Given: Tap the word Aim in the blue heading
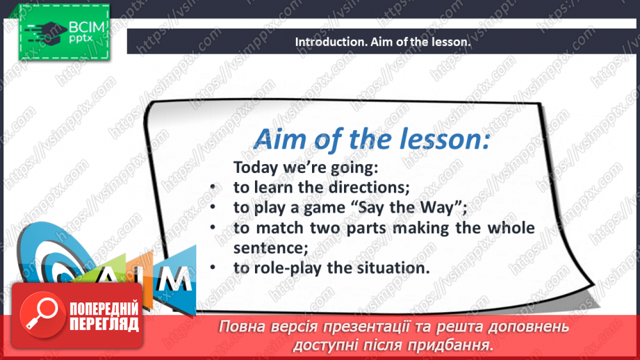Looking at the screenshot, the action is click(x=279, y=139).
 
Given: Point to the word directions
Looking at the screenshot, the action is click(x=369, y=188).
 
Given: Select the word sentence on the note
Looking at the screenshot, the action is click(x=270, y=248).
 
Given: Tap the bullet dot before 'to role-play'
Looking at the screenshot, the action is click(x=213, y=268).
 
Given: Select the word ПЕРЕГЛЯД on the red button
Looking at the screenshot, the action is click(x=104, y=325).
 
